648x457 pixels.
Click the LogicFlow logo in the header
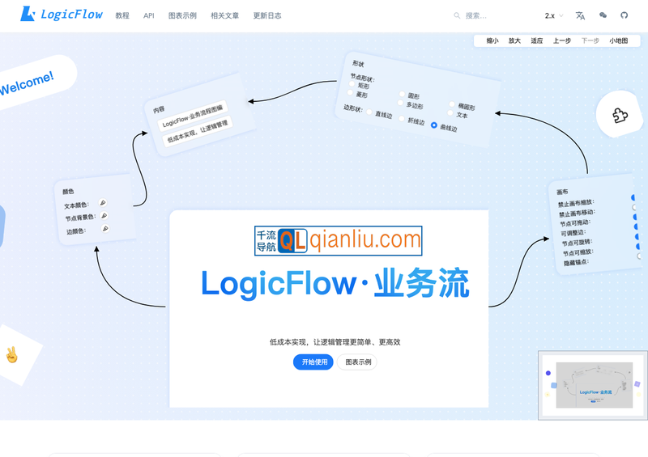click(62, 15)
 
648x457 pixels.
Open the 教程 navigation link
click(122, 15)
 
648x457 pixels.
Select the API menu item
click(149, 15)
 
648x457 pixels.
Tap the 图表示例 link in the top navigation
click(182, 15)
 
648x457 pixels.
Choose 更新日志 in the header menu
click(267, 15)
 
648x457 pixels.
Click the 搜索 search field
click(494, 15)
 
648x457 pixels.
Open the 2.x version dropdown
click(554, 15)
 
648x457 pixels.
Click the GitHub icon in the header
click(625, 15)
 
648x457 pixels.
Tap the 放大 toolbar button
click(514, 40)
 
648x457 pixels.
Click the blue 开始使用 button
click(313, 362)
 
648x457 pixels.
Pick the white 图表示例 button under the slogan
click(357, 362)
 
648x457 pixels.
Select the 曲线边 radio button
click(434, 125)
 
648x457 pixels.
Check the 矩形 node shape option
click(353, 84)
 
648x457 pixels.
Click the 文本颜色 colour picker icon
click(103, 203)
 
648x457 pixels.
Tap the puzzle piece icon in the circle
click(620, 115)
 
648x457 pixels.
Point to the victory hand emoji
click(11, 354)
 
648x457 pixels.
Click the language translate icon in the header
click(580, 15)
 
